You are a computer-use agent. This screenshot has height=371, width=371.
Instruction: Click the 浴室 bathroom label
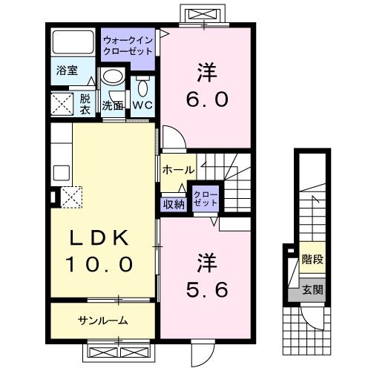(68, 71)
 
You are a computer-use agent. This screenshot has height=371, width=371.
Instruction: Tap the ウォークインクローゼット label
(128, 46)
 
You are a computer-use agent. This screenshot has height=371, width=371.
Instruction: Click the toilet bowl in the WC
(143, 87)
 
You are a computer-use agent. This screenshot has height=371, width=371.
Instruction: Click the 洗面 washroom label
(113, 105)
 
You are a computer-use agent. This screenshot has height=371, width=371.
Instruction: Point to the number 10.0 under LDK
(101, 263)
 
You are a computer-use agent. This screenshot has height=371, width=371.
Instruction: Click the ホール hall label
(177, 170)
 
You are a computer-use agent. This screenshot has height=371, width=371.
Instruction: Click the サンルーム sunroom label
(103, 321)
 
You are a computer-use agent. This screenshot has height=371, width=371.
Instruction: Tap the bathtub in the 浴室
(73, 44)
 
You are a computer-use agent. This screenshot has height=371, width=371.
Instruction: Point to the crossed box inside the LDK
(72, 198)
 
